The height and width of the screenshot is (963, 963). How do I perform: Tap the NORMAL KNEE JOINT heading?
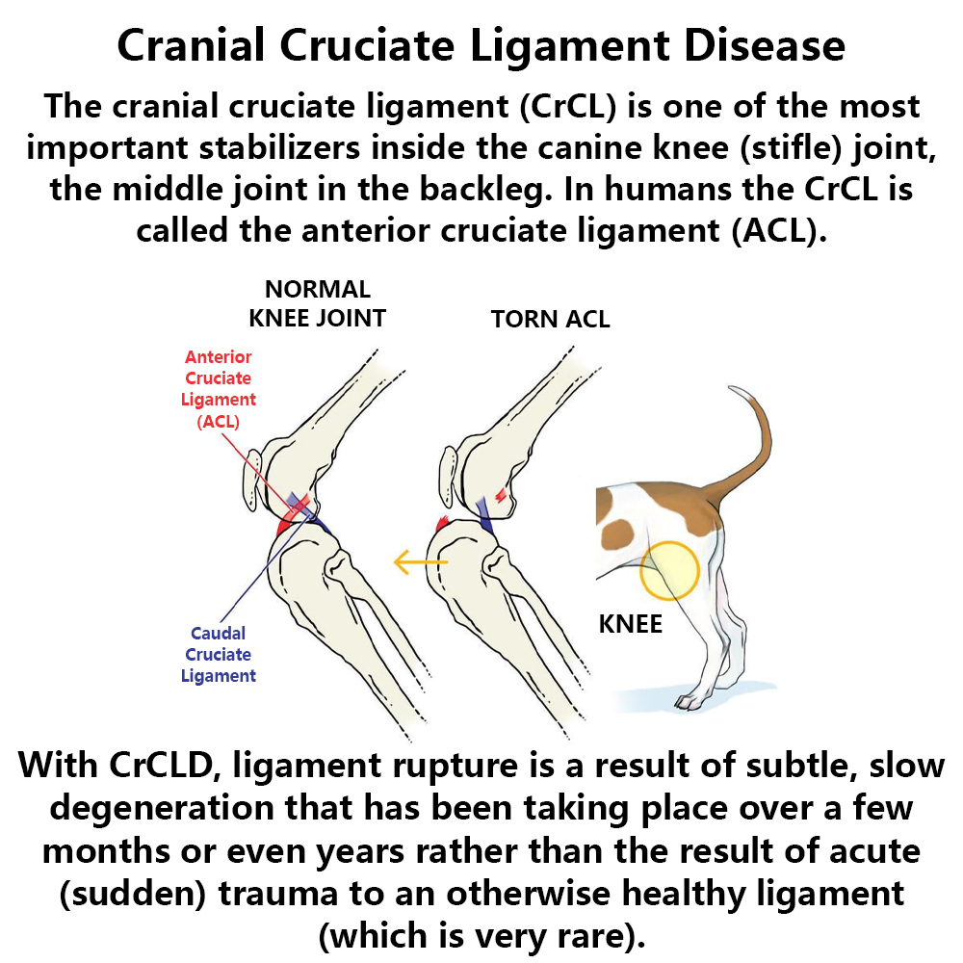(318, 303)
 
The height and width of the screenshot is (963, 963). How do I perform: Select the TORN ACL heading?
(550, 319)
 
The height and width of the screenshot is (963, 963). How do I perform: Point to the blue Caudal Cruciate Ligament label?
(219, 654)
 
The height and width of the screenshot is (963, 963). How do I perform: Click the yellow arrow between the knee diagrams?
(422, 561)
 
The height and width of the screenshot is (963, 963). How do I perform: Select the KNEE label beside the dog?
(631, 623)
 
